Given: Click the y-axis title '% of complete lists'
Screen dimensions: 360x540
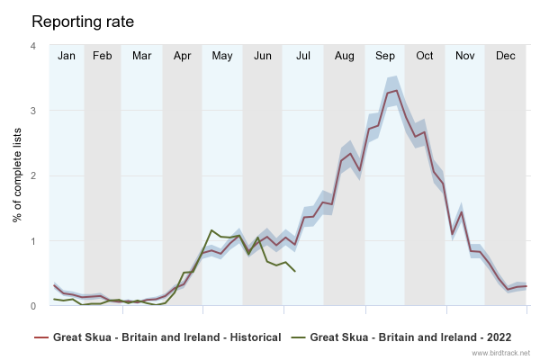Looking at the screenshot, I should (17, 175).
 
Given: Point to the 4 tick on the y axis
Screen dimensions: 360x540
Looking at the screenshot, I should (33, 46).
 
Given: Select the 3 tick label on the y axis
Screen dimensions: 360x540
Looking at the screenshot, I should (33, 111).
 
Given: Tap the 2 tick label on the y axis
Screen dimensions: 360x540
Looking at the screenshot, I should (33, 175).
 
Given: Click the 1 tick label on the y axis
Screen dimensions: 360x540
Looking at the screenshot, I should (33, 241).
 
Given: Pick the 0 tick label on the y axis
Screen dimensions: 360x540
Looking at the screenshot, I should (33, 306).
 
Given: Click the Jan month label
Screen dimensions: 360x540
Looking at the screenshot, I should (67, 56).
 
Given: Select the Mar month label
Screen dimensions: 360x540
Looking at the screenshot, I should (141, 56).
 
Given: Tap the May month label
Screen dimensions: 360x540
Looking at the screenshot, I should (222, 56).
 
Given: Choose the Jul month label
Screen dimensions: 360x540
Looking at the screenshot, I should (303, 56).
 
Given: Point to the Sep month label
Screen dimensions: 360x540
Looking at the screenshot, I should (385, 56).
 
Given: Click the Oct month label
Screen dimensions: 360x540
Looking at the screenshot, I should (425, 56).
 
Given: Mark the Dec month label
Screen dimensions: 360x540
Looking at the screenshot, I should (506, 56).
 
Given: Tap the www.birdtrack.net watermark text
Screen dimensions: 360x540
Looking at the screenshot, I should (500, 354).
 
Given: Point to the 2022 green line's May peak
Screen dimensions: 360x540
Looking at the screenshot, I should (211, 230).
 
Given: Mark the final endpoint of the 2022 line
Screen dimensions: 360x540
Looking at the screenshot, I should (295, 271).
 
